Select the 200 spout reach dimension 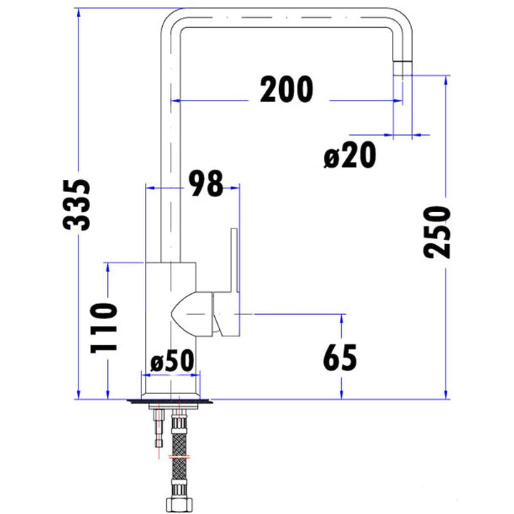[x=286, y=89]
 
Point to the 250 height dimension [x=437, y=232]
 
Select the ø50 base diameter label [x=171, y=361]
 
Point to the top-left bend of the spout [x=171, y=19]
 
